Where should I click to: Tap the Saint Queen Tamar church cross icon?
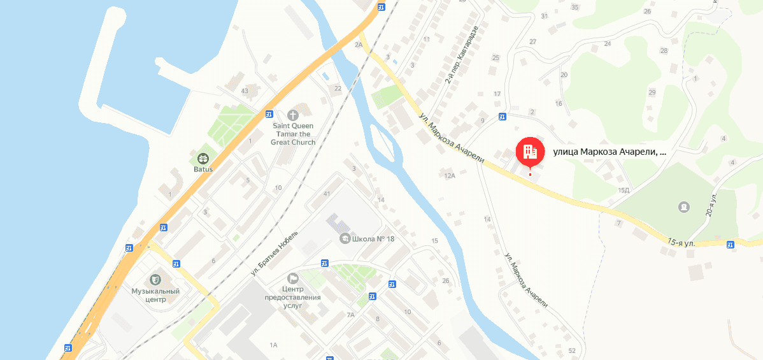(x=293, y=115)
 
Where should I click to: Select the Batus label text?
(x=203, y=169)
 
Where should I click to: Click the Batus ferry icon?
(x=203, y=158)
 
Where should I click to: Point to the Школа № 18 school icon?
(x=345, y=238)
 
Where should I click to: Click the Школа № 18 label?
(x=373, y=239)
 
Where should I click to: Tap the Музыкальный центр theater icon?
(x=155, y=279)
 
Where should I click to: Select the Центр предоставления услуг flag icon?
(x=293, y=278)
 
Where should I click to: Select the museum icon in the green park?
(x=684, y=207)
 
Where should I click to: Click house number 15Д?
(x=624, y=190)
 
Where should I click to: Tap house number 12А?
(x=450, y=175)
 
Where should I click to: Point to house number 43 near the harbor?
(x=244, y=90)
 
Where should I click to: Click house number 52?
(x=571, y=350)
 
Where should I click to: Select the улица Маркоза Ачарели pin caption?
(x=610, y=152)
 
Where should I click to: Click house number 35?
(x=575, y=7)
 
